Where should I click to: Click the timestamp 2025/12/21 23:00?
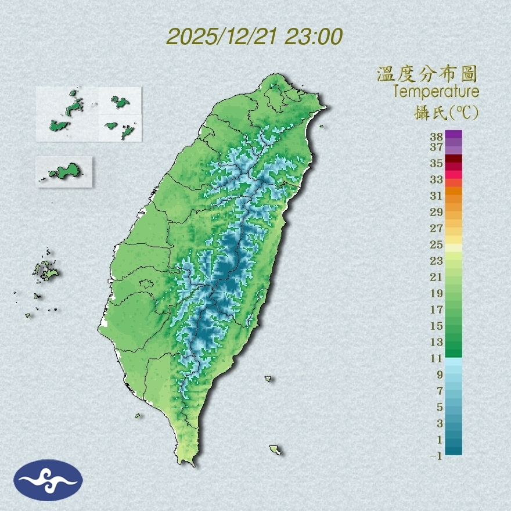point(254,37)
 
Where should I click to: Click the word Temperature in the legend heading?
point(436,92)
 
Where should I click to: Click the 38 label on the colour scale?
point(436,137)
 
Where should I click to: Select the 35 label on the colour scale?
point(436,163)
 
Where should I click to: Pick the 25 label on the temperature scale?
point(436,244)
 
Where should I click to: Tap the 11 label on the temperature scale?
point(436,358)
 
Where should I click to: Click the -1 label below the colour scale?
point(436,456)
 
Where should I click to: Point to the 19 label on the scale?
point(436,293)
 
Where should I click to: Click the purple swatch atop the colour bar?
point(454,134)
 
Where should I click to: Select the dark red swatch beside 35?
point(454,159)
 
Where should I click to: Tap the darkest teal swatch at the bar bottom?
point(454,449)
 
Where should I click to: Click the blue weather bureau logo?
point(48,480)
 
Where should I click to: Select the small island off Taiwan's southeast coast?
point(275,449)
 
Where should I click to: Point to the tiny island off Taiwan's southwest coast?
point(138,415)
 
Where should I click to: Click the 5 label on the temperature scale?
point(440,406)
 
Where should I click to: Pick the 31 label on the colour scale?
point(436,195)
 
